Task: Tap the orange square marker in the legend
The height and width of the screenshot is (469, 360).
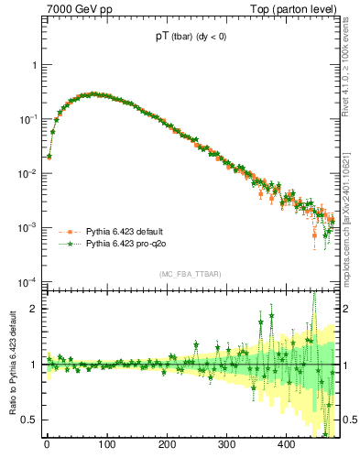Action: (70, 232)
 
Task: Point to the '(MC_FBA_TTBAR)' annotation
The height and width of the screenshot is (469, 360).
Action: (191, 274)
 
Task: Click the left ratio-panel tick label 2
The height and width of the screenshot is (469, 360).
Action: (34, 309)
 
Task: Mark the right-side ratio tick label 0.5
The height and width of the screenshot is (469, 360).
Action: (348, 420)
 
